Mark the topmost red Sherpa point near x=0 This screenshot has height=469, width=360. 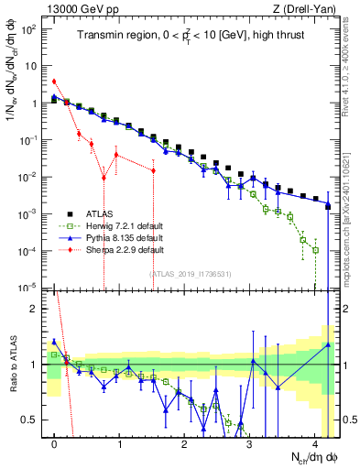(54, 82)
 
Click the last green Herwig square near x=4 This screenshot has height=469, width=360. (315, 249)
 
